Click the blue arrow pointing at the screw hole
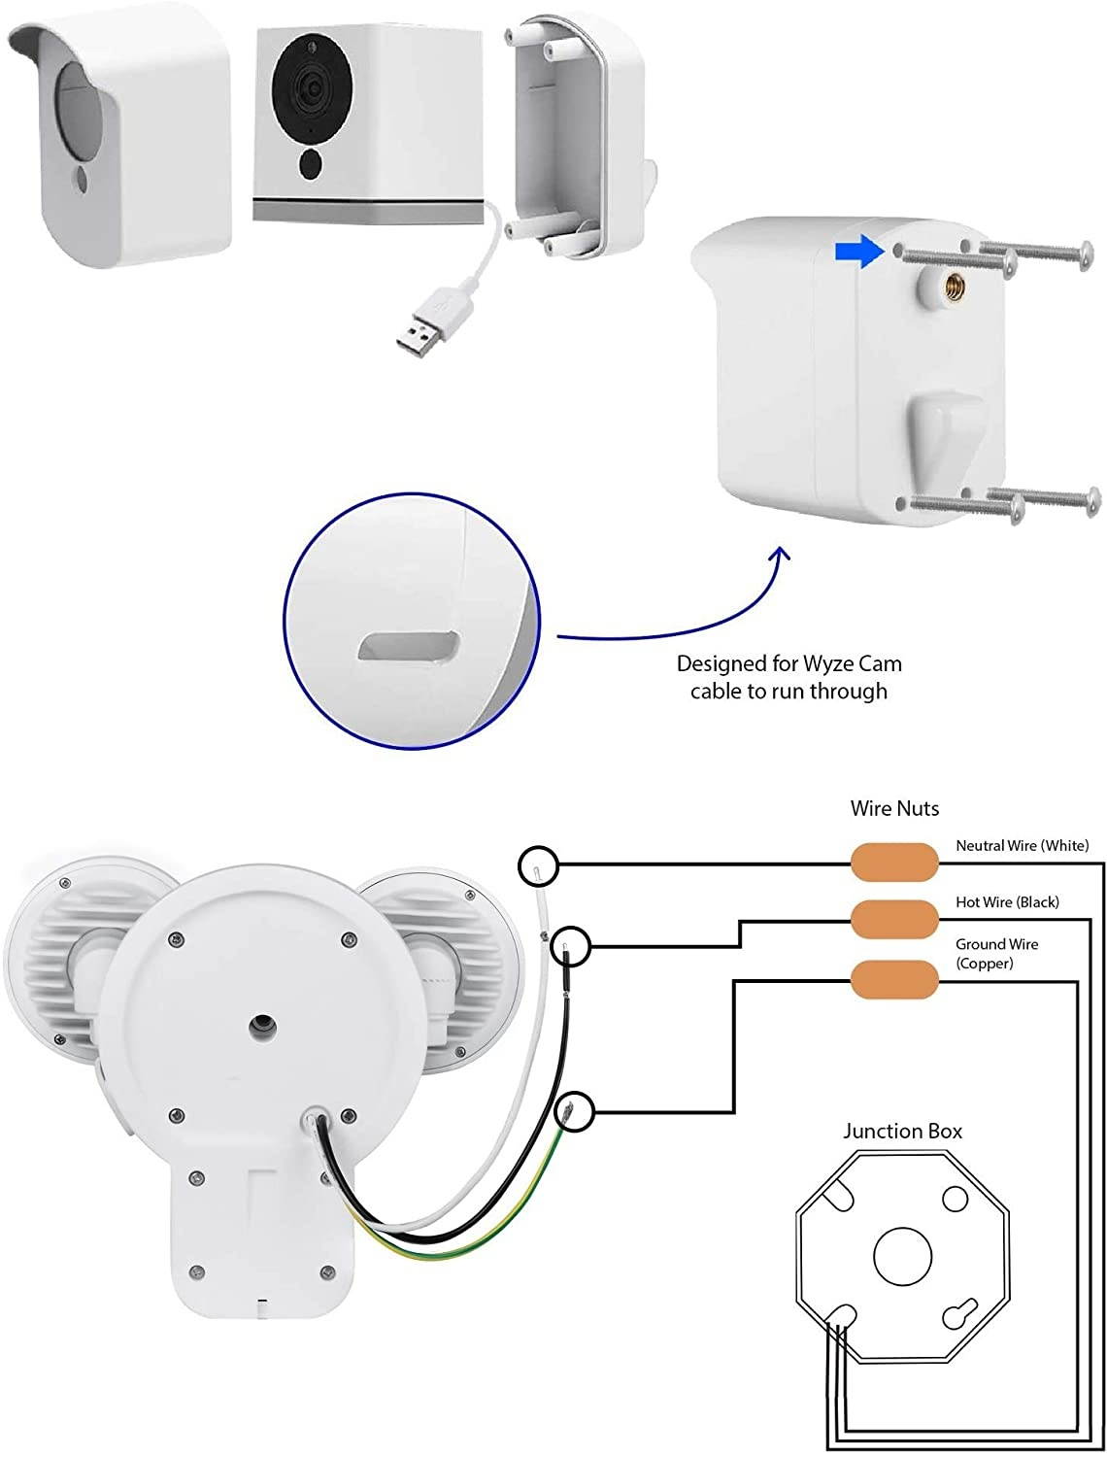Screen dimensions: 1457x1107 858,253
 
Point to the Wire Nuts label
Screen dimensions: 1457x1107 894,808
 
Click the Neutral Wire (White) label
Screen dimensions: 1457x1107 1022,846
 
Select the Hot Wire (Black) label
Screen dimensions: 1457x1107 1007,902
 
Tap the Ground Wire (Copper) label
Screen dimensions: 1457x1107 996,953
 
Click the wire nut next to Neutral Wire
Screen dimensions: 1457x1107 894,861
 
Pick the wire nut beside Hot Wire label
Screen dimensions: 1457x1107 894,916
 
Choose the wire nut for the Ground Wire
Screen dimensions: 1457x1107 894,980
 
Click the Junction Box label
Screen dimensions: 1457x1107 902,1131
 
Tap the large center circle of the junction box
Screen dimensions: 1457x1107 902,1254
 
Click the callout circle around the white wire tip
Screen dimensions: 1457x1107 538,864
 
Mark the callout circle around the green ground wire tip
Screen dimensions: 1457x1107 573,1111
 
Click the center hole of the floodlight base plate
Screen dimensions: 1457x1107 262,1027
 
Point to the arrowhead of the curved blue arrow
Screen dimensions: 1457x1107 780,556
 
